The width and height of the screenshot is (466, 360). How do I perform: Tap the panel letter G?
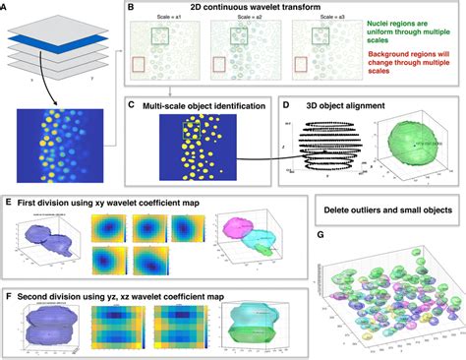tap(320, 236)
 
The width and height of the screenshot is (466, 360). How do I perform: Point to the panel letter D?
tap(285, 103)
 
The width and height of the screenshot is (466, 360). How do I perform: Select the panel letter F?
tap(9, 292)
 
